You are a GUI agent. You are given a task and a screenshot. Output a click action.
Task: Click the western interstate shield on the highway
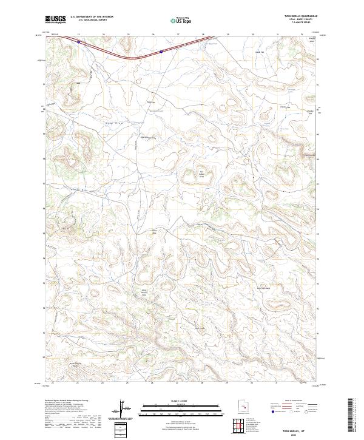coord(78,42)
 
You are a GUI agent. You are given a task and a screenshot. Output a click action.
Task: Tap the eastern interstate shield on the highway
coord(161,52)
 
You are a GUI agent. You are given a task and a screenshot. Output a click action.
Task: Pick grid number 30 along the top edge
coord(252,35)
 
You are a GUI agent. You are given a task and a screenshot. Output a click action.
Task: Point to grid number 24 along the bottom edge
coord(104,383)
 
